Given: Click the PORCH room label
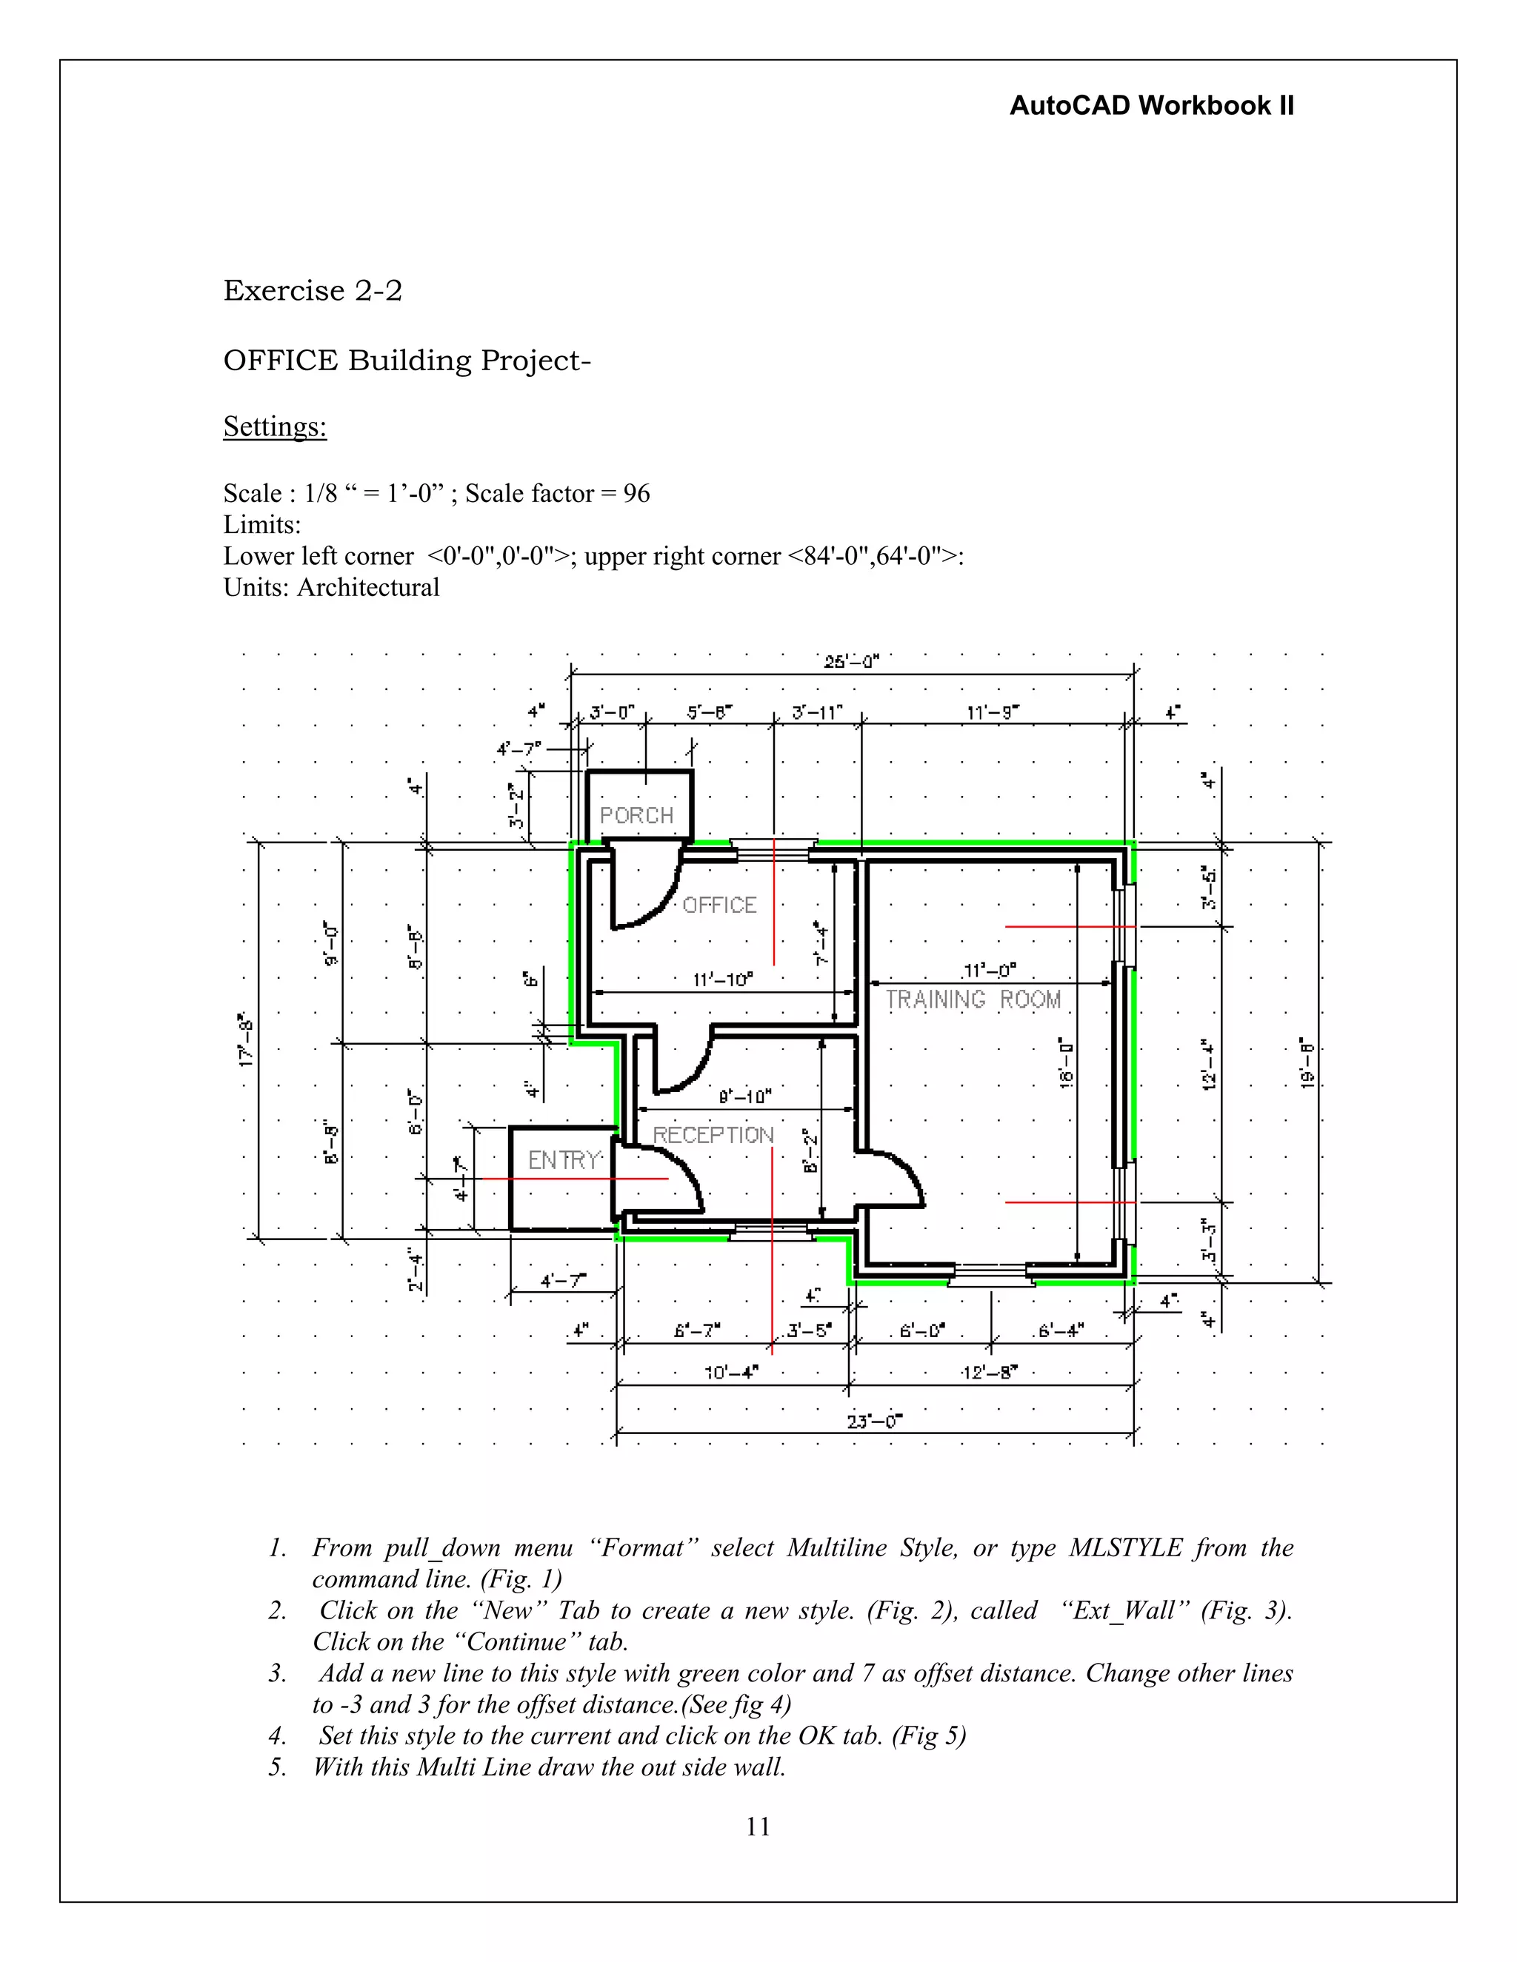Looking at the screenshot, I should (x=636, y=816).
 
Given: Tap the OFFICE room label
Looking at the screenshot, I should (x=719, y=905).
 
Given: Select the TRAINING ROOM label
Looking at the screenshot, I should (x=973, y=999).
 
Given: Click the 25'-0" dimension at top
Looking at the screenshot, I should (x=851, y=662).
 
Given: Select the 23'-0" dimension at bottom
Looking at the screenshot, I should (x=875, y=1422).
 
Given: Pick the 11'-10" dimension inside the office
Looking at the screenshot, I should (x=722, y=980).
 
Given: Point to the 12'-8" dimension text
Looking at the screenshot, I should (x=990, y=1372).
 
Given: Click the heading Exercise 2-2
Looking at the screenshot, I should (x=312, y=290).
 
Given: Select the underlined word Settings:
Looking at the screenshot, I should (x=275, y=426).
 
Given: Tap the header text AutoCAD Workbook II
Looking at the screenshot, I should (x=1151, y=106).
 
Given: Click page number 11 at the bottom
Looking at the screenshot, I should (x=758, y=1827).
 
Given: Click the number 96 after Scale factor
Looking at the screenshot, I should (x=636, y=493).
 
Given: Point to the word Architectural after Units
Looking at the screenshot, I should (x=368, y=588).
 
